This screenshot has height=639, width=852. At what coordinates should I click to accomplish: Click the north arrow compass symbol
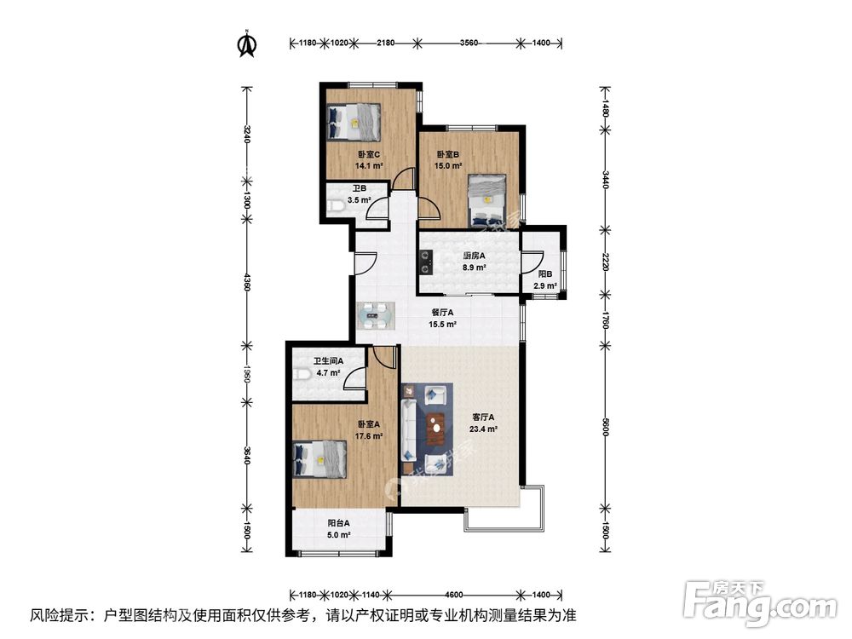click(247, 43)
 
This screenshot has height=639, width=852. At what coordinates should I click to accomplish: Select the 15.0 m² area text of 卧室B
click(449, 167)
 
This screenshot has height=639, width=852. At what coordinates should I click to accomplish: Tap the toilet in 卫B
click(337, 204)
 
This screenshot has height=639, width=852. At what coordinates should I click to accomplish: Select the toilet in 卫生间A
click(302, 376)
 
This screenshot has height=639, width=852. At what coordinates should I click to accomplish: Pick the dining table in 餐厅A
click(375, 315)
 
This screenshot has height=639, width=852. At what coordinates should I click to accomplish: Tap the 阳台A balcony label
click(339, 523)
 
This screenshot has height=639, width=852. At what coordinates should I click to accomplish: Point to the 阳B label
click(544, 274)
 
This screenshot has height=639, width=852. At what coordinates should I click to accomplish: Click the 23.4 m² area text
click(484, 429)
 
